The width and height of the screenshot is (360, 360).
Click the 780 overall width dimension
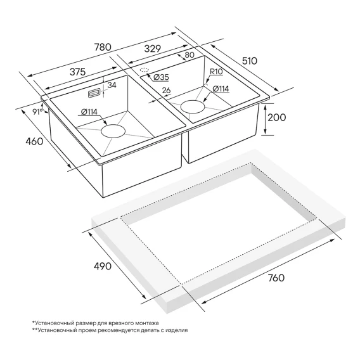(x=103, y=47)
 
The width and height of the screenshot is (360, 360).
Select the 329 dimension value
(x=153, y=49)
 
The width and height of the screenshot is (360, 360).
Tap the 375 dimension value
(x=77, y=72)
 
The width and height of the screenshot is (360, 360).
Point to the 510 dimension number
(x=250, y=61)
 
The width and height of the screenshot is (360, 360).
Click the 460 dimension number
(x=34, y=141)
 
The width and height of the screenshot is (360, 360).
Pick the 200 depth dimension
(x=277, y=117)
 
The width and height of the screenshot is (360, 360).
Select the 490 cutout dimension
(x=103, y=266)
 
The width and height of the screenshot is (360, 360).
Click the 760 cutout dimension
(x=276, y=278)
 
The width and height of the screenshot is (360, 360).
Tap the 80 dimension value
(x=190, y=55)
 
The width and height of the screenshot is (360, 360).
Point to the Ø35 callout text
(x=161, y=77)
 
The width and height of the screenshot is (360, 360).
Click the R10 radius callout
(x=216, y=72)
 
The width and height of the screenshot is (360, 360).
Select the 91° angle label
(x=37, y=112)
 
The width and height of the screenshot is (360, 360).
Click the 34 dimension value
(x=112, y=85)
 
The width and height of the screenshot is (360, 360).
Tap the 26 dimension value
(x=166, y=90)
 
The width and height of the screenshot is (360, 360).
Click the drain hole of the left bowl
(x=113, y=131)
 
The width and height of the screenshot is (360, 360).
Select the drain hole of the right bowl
(x=193, y=106)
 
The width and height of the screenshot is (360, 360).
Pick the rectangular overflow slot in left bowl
(x=94, y=93)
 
